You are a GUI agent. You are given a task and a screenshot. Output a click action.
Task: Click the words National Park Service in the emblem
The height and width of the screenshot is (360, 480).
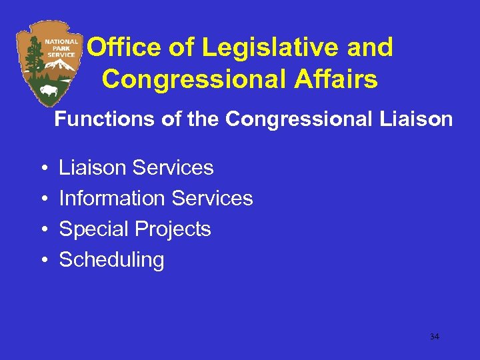[x=61, y=47]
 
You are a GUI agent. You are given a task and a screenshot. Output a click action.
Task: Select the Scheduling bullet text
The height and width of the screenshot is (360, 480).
[x=111, y=260]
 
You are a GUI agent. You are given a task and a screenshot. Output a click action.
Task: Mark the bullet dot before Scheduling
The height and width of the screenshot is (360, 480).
[x=43, y=260]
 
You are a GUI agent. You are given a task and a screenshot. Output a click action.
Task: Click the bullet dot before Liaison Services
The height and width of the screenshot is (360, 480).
[x=43, y=167]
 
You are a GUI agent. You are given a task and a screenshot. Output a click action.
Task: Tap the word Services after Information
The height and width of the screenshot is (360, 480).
[x=212, y=198]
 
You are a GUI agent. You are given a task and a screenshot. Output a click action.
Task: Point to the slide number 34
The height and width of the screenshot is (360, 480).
[x=434, y=337]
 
